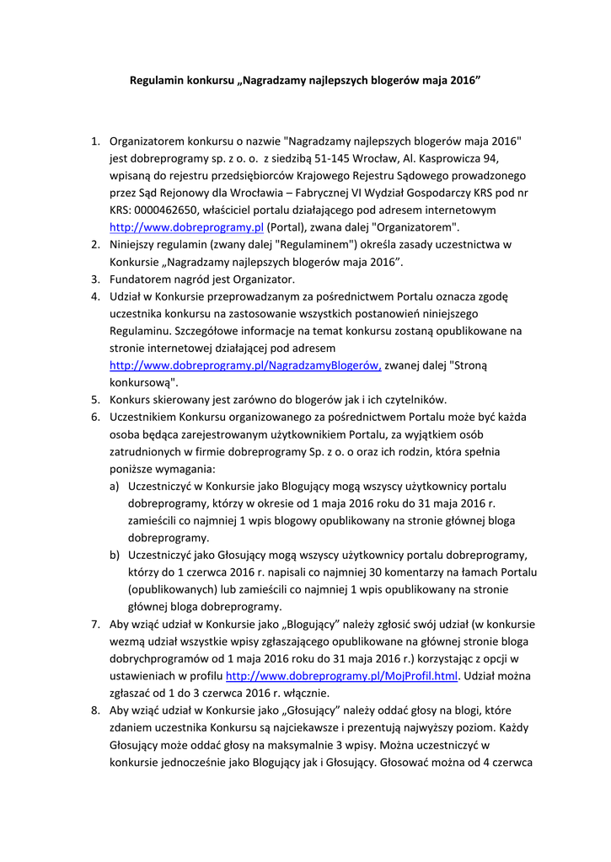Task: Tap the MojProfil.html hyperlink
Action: (x=341, y=676)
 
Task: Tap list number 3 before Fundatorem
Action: (x=95, y=279)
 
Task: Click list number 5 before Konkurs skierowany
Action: (x=95, y=400)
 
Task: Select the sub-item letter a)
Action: (x=114, y=486)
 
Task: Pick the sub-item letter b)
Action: (x=114, y=555)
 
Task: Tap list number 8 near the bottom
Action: (x=95, y=710)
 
